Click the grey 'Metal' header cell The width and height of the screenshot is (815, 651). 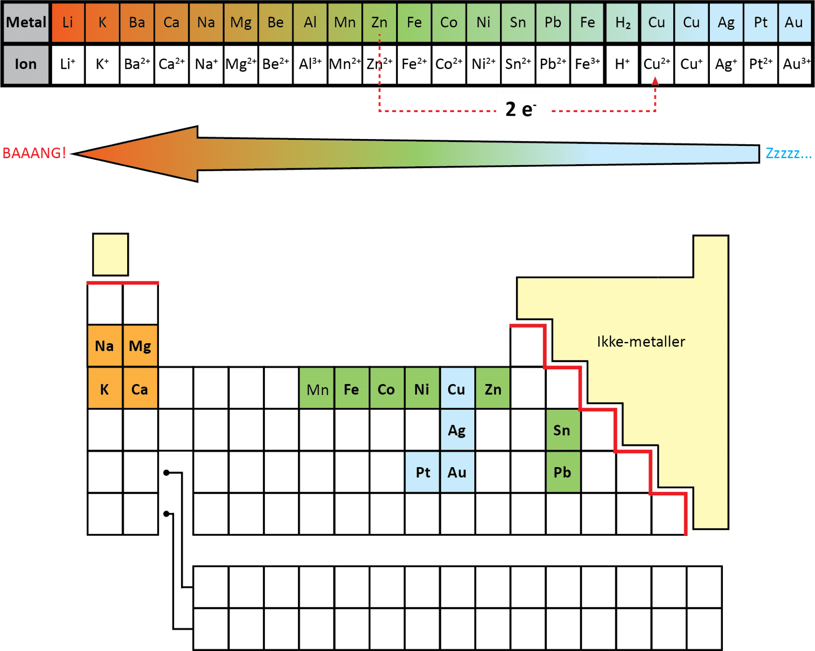click(x=26, y=22)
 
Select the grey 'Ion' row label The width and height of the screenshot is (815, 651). click(x=26, y=64)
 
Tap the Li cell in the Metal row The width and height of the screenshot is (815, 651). click(x=68, y=22)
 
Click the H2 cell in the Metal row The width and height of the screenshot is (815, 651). click(x=623, y=22)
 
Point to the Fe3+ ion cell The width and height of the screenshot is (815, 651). click(x=587, y=64)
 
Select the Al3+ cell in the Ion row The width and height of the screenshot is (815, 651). click(x=310, y=64)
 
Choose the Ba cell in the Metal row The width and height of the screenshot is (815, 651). click(x=137, y=22)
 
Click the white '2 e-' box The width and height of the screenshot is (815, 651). click(x=522, y=108)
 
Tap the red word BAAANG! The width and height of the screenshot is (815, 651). click(x=34, y=153)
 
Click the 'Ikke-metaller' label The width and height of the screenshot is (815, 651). click(x=641, y=342)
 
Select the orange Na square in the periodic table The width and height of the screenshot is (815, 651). click(x=105, y=346)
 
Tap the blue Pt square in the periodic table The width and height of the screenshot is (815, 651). click(x=423, y=472)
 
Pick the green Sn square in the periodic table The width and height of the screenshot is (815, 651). click(x=562, y=430)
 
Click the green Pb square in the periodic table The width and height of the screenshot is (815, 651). click(x=562, y=472)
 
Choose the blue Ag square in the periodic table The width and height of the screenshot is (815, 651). click(x=457, y=430)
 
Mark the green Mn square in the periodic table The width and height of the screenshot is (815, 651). click(x=317, y=389)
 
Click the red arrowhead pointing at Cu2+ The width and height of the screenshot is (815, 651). click(x=655, y=81)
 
